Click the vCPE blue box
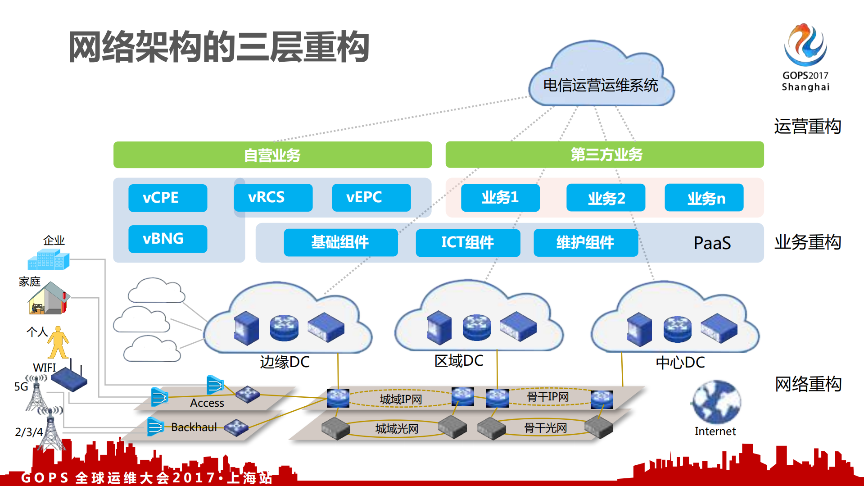click(167, 198)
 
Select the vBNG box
click(167, 239)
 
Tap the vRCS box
click(273, 197)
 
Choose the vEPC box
click(371, 197)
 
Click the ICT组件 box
click(468, 243)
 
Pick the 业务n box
click(704, 198)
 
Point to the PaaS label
click(712, 243)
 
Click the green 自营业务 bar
click(272, 155)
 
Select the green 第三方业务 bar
click(604, 154)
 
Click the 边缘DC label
click(285, 362)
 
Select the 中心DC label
click(680, 362)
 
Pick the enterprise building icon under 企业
click(49, 260)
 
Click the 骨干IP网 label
click(547, 397)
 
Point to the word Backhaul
click(194, 427)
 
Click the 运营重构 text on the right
click(807, 127)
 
